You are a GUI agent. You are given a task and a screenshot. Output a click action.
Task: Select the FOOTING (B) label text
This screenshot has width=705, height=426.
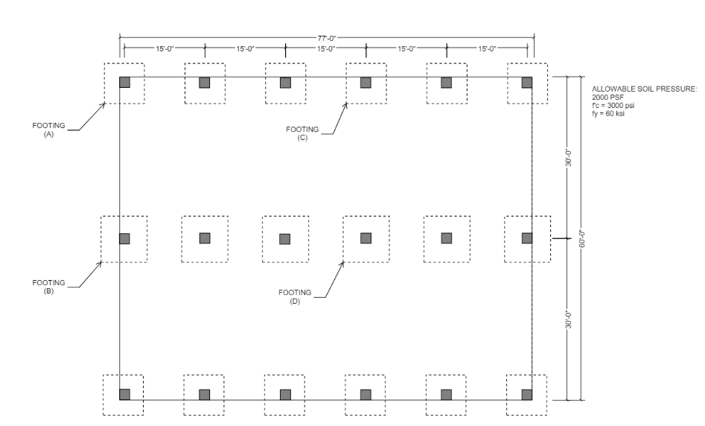click(49, 286)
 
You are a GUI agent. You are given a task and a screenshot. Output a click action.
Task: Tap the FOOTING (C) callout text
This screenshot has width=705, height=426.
click(303, 133)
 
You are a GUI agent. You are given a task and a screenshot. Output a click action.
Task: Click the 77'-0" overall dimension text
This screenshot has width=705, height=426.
click(327, 36)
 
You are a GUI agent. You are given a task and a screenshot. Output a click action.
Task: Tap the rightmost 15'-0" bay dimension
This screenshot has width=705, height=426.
click(487, 48)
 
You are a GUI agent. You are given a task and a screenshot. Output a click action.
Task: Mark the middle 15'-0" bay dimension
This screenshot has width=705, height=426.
click(326, 48)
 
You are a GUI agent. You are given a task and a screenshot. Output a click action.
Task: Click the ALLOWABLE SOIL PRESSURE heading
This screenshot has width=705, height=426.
click(644, 89)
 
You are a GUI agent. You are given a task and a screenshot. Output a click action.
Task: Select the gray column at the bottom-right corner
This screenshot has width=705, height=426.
click(526, 394)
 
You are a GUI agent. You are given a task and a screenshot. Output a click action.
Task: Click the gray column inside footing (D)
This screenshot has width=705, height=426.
click(366, 238)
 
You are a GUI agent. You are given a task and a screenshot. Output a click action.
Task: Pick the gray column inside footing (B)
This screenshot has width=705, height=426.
click(124, 238)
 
